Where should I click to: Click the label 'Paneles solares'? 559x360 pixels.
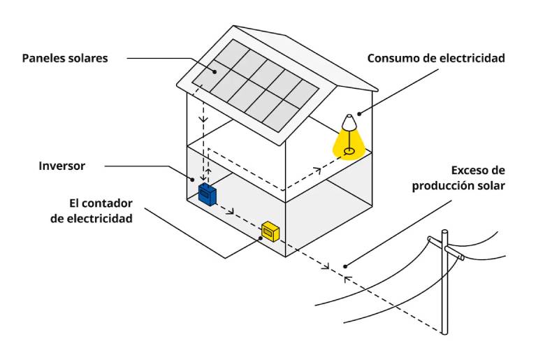tap(65, 58)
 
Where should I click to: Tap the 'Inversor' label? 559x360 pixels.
tap(62, 166)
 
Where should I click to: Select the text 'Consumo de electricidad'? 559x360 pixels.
tap(436, 58)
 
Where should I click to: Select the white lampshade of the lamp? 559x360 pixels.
tap(349, 122)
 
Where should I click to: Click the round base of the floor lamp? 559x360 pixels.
tap(349, 150)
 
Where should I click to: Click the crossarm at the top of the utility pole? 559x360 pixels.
tap(447, 247)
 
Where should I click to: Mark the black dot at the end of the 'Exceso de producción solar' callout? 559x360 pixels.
tap(346, 266)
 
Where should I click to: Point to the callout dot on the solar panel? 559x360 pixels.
tap(215, 71)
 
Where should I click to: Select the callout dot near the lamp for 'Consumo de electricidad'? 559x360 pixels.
tap(360, 113)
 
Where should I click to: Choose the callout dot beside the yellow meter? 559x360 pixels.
tap(261, 238)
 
